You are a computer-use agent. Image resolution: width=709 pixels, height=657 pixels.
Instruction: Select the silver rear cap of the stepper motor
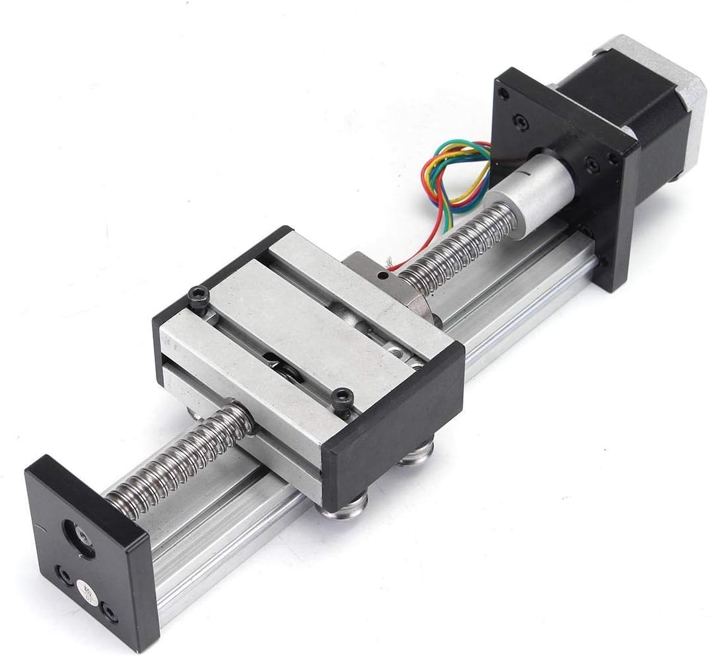[x=670, y=99]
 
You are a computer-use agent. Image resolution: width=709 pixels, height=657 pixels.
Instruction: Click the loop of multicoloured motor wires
[x=458, y=172]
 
